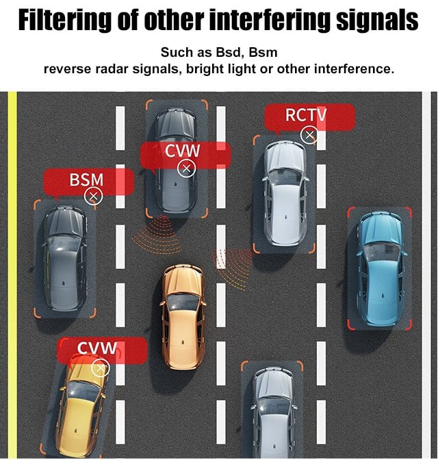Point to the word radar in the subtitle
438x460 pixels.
coord(112,69)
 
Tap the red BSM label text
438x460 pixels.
coord(86,179)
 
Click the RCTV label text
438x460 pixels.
coord(306,115)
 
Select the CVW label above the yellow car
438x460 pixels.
coord(96,348)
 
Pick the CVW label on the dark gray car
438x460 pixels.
coord(182,151)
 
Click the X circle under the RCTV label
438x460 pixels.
coord(309,136)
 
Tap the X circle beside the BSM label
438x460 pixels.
coord(93,196)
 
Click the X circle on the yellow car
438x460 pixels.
coord(101,368)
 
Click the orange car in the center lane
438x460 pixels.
coord(183,316)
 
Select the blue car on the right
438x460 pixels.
coord(381,269)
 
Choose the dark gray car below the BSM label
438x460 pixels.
coord(64,258)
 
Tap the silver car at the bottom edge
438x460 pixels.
coord(274,413)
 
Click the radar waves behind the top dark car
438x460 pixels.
coord(157,234)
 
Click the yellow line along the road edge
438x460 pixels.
coord(12,275)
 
